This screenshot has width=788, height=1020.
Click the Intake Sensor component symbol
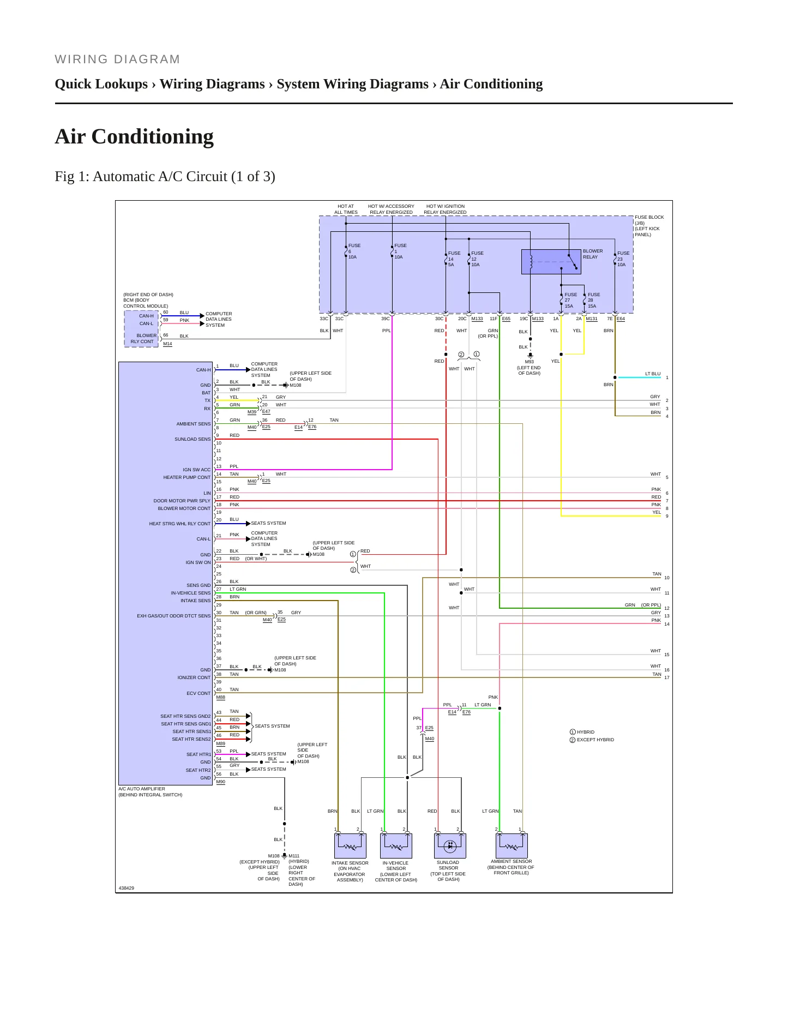tap(350, 845)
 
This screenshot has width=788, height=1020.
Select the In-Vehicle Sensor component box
tap(396, 845)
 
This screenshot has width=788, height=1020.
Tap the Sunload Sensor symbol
tap(450, 845)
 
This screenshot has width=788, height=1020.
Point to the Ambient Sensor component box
tap(512, 845)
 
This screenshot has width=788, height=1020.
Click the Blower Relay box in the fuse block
tap(551, 262)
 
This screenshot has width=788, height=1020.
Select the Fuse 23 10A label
tap(623, 259)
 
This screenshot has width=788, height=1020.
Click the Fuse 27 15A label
tap(570, 300)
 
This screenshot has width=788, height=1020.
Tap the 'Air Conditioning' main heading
tap(134, 136)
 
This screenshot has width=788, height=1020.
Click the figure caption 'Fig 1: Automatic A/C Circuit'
tap(165, 177)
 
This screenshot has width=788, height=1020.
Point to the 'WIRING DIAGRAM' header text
tap(117, 59)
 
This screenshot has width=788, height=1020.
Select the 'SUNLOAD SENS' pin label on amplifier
tap(193, 439)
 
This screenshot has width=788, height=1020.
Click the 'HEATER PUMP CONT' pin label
tap(187, 477)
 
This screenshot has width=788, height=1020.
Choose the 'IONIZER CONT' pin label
tap(194, 677)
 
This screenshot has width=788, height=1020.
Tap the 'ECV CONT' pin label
tap(198, 693)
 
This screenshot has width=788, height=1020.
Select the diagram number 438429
tap(127, 888)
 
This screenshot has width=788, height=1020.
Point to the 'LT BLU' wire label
tap(653, 374)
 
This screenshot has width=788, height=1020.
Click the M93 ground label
tap(530, 362)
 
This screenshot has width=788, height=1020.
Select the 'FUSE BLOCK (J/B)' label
tap(649, 220)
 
